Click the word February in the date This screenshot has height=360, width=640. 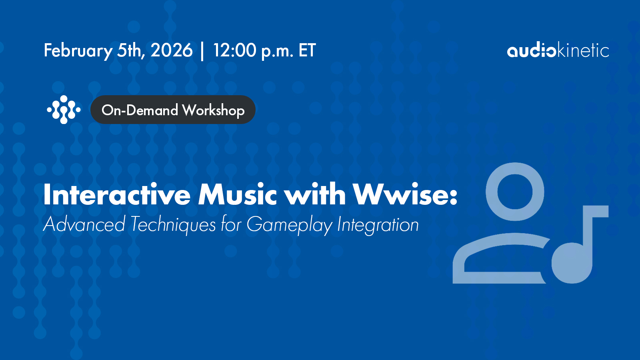click(78, 51)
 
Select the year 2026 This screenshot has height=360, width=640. click(172, 50)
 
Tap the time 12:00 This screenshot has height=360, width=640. click(234, 50)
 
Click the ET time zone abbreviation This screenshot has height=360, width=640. click(307, 50)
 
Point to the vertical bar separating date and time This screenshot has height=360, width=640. click(202, 51)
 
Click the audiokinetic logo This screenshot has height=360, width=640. click(558, 50)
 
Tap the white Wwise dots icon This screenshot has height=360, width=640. click(64, 110)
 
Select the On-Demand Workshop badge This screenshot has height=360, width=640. click(173, 110)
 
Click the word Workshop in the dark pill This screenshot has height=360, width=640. click(214, 110)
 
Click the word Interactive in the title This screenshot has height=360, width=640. click(117, 194)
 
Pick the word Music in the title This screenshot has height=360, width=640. click(238, 194)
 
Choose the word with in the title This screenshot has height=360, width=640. click(316, 194)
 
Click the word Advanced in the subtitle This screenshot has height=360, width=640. click(84, 224)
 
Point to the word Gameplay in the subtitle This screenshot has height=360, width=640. click(290, 225)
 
